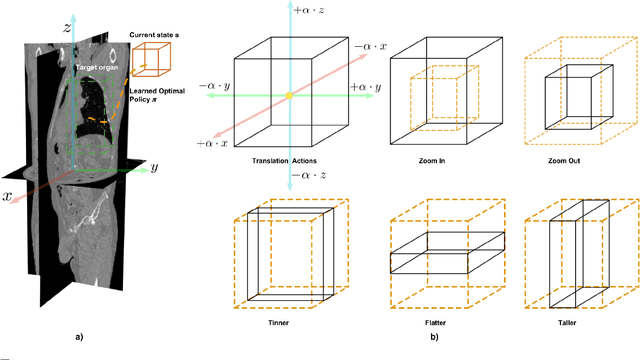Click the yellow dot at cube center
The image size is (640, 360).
(x=288, y=96)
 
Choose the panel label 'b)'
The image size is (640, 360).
(x=433, y=338)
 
